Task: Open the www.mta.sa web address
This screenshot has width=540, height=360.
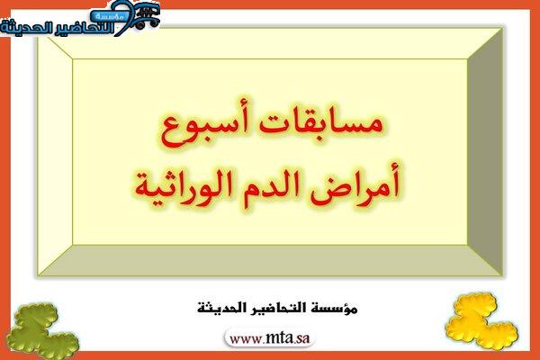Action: click(x=270, y=338)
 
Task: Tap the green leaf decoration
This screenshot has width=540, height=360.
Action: click(x=42, y=330)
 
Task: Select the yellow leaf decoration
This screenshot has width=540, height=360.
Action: click(x=481, y=321)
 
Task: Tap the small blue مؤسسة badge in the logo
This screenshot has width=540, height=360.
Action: click(x=110, y=16)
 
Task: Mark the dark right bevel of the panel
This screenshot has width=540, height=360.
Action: click(x=485, y=152)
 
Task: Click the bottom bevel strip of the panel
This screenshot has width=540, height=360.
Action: click(x=270, y=260)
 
